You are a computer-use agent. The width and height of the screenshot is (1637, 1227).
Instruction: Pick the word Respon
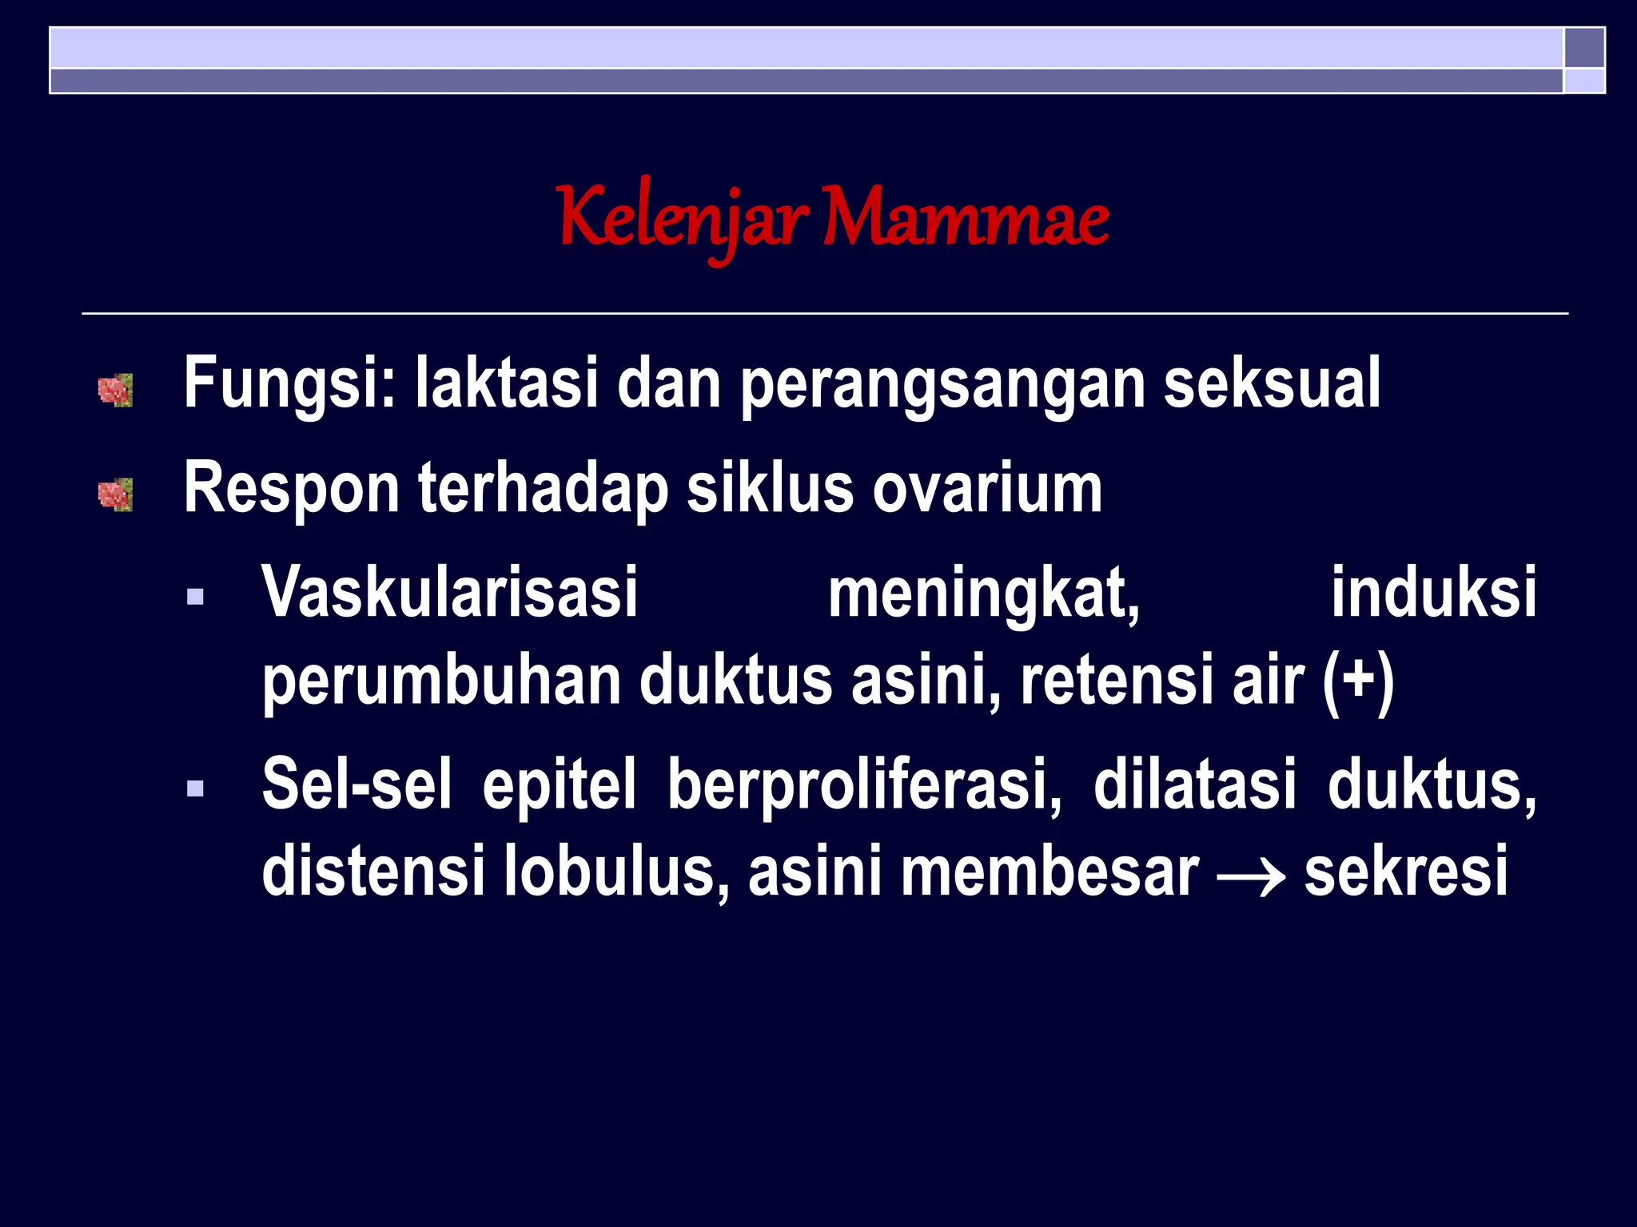(291, 489)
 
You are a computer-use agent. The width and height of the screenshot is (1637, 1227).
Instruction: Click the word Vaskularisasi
(450, 593)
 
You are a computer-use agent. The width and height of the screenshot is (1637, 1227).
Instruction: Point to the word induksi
(1433, 593)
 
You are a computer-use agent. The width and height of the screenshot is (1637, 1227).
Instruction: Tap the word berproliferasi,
(864, 785)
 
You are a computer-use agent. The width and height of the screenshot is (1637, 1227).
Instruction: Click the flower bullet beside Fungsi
(115, 391)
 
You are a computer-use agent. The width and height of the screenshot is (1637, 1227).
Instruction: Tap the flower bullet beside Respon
(115, 494)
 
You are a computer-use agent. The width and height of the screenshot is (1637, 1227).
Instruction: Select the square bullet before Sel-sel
(195, 789)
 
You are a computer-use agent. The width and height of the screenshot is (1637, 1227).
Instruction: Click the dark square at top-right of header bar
(1584, 48)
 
